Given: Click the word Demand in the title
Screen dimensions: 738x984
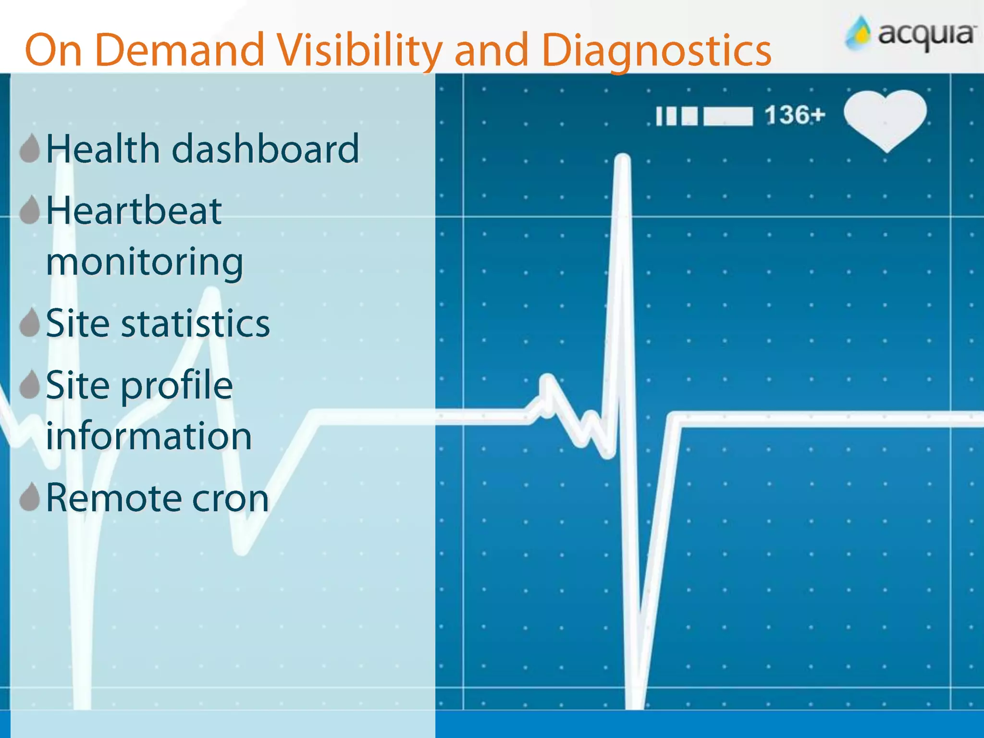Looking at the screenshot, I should (180, 50).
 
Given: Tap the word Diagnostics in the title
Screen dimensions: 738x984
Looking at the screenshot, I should (656, 51).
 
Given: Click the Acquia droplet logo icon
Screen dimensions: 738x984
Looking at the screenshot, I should (858, 34).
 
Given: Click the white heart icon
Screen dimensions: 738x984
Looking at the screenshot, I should (885, 118).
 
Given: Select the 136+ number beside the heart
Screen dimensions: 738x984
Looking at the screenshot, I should (795, 115).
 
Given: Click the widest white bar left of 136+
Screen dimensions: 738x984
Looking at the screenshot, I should (728, 116).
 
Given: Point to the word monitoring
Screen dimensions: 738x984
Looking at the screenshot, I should (144, 262).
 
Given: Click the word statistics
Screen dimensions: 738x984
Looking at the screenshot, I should (195, 324).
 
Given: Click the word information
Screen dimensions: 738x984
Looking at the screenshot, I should (149, 436).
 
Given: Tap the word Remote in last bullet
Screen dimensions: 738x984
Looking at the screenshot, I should (113, 498).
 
